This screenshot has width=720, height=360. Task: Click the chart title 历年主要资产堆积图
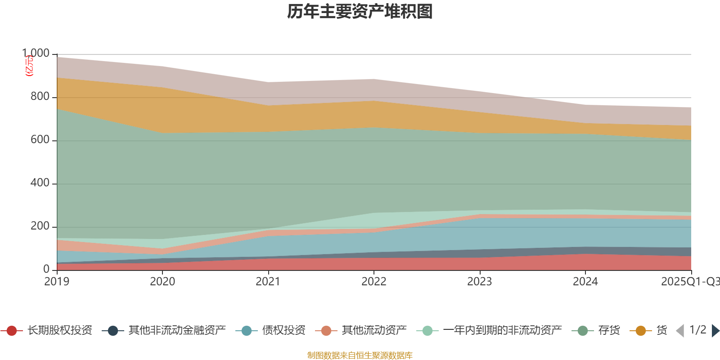tap(360, 12)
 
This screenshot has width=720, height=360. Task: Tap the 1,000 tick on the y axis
tap(36, 53)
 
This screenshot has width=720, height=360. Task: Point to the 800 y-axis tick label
tap(40, 97)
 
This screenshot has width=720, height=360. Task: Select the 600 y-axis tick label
tap(40, 140)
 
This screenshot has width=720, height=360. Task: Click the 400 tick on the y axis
tap(40, 183)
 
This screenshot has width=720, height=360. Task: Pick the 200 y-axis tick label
tap(40, 226)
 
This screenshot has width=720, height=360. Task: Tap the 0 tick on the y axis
tap(46, 269)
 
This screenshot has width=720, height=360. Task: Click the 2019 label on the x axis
tap(57, 282)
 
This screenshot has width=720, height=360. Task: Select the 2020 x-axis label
tap(162, 282)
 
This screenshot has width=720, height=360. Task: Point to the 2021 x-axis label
tap(268, 282)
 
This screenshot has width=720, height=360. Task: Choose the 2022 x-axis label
tap(374, 282)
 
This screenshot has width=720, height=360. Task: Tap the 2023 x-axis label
tap(480, 282)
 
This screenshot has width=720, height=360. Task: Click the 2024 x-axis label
tap(585, 282)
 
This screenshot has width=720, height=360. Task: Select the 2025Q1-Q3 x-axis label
tap(690, 282)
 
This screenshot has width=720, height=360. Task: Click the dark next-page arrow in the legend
tap(715, 331)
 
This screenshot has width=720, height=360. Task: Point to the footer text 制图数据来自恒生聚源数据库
tap(360, 355)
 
